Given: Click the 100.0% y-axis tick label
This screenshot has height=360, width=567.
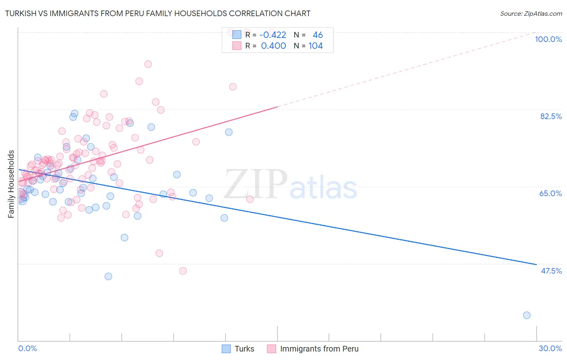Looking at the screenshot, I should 548,39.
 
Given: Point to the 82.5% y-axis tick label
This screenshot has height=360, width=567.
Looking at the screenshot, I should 551,116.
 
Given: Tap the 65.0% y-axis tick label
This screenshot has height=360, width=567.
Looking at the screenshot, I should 550,193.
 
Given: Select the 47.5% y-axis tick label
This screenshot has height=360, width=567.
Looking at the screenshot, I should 551,271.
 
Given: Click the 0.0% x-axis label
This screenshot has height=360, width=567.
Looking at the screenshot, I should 27,348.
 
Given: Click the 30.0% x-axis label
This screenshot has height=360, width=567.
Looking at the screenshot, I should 550,348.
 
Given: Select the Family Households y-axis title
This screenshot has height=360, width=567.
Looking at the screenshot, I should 11,184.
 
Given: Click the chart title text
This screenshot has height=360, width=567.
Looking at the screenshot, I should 158,13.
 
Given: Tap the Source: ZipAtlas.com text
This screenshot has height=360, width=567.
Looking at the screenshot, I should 531,13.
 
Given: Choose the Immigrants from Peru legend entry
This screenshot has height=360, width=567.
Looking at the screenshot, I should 313,349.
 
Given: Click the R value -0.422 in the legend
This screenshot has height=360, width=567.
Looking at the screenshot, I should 273,35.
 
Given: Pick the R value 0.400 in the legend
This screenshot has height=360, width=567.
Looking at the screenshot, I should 273,46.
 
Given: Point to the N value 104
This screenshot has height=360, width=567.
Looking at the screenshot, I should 315,46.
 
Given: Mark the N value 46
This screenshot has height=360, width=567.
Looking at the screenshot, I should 318,35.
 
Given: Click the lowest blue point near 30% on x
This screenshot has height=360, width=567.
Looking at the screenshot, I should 527,315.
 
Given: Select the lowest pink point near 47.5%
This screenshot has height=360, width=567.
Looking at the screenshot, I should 183,271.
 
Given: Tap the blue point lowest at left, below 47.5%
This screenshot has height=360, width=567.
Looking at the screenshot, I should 108,276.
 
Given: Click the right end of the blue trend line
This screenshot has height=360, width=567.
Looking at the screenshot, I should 536,264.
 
